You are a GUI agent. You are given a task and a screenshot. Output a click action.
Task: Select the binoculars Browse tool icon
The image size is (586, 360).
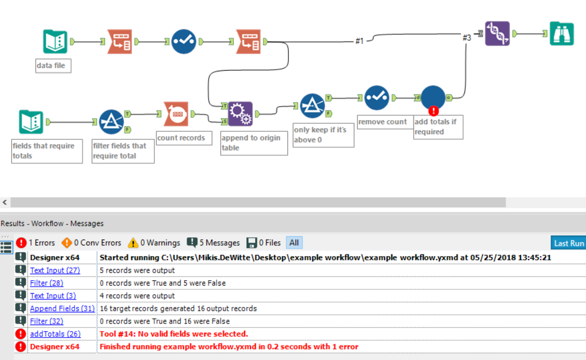point(561,34)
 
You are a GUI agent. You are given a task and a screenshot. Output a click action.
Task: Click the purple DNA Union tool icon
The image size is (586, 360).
point(497,34)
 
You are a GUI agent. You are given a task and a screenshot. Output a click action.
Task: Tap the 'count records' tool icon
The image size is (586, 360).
point(176,114)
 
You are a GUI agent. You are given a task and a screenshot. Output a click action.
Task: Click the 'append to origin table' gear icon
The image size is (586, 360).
point(240,114)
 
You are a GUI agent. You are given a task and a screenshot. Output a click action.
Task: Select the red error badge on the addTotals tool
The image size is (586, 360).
point(433,111)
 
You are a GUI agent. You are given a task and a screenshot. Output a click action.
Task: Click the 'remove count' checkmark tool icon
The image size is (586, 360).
point(377,98)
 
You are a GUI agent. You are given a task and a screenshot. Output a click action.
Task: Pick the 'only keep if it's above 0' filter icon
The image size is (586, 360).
point(312,106)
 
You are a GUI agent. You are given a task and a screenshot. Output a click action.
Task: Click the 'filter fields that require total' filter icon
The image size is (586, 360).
point(112,122)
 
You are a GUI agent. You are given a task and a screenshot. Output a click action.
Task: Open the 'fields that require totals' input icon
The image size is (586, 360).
point(31,122)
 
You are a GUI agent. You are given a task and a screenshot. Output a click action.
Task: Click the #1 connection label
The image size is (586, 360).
point(359,40)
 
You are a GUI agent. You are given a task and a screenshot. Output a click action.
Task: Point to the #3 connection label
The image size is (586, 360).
point(466,37)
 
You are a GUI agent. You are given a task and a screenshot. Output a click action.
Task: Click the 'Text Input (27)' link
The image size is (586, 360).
point(55,271)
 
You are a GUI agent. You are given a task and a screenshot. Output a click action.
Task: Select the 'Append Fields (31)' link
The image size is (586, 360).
point(62,309)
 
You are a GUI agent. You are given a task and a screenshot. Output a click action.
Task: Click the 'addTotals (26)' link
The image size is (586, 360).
point(55,334)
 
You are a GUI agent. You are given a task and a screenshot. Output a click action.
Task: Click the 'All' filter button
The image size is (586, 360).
point(294,243)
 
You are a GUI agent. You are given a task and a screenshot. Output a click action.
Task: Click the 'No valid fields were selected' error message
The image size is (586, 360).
point(174,334)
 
